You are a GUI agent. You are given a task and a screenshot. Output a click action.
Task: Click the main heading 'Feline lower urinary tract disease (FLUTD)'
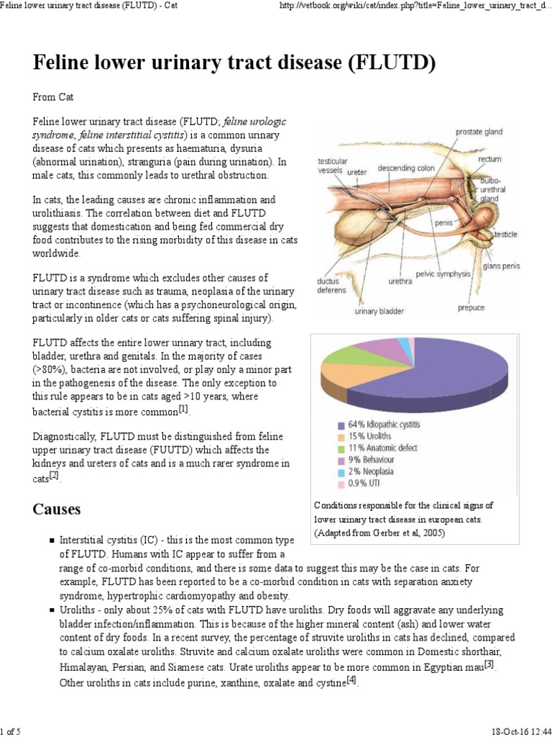[234, 64]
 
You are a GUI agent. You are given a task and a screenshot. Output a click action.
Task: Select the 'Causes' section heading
[57, 510]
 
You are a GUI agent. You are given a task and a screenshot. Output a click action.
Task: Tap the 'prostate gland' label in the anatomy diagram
[489, 132]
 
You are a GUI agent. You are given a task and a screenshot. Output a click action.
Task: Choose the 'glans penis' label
[501, 266]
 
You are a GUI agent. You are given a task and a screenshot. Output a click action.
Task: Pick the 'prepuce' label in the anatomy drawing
[471, 308]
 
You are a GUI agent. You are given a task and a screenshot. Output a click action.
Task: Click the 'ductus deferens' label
[331, 286]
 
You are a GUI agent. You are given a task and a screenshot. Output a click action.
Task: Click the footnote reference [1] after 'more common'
[183, 409]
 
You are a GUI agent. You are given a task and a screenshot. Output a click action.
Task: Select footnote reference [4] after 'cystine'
[351, 680]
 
